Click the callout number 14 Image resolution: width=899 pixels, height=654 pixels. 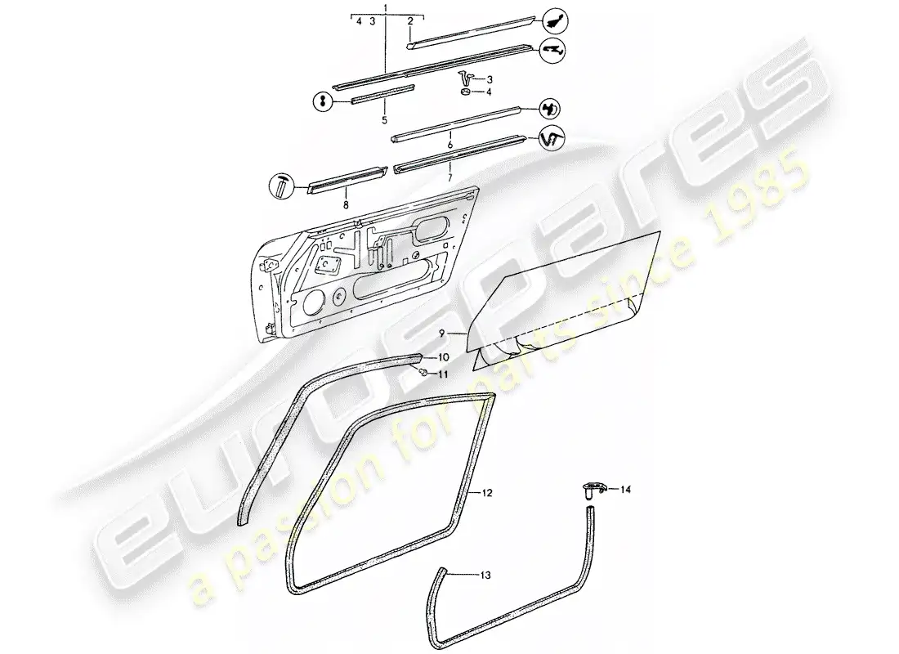625,490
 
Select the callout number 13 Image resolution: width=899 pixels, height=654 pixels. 485,575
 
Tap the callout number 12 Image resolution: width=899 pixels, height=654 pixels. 487,493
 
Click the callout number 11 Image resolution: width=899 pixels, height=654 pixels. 443,374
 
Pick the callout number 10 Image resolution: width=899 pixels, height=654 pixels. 443,357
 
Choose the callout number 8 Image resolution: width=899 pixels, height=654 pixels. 346,205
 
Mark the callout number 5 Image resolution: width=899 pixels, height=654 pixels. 384,120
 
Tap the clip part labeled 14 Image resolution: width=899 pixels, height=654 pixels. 591,490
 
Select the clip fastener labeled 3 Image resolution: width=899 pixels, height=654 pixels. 465,76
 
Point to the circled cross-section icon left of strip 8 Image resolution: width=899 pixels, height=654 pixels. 281,187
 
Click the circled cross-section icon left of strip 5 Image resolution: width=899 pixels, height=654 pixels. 323,101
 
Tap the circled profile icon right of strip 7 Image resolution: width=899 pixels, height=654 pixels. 552,137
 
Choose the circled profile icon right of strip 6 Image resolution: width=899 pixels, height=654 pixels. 550,109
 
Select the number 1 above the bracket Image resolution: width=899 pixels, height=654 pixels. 385,7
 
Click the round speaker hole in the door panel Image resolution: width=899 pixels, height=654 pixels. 311,302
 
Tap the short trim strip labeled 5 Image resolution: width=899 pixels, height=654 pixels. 382,94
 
